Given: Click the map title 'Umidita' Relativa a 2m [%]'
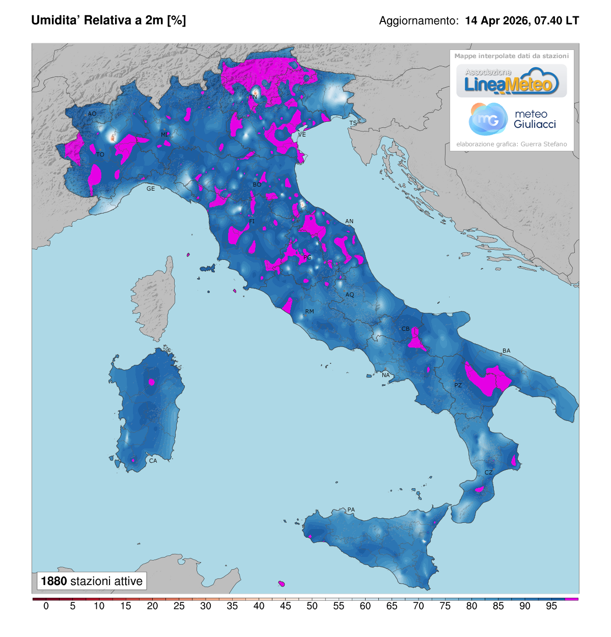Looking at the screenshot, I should (x=108, y=20).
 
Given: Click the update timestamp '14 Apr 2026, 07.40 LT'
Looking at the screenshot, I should (x=522, y=21).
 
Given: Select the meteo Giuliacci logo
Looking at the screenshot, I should (x=512, y=119).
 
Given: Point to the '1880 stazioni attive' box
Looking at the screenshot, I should (x=92, y=581).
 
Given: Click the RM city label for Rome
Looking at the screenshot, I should (x=310, y=311).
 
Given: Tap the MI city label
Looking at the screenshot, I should (x=164, y=135).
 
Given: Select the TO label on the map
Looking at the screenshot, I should (x=100, y=154).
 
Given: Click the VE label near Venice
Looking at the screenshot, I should (x=302, y=135).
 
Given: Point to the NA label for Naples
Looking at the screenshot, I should (x=386, y=375).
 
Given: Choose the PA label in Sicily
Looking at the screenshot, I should (x=351, y=510).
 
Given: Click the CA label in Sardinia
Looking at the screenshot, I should (x=153, y=461).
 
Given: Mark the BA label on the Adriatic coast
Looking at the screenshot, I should (x=506, y=351).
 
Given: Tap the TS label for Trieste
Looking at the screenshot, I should (x=353, y=123).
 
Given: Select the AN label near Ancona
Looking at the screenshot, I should (x=349, y=221).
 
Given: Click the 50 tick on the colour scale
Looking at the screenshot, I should (x=312, y=606).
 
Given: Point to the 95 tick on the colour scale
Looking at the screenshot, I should (x=551, y=606).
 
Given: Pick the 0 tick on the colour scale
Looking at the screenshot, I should (x=46, y=606).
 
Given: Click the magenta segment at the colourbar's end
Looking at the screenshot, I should (x=572, y=599).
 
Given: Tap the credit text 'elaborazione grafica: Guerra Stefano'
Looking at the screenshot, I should (x=512, y=144).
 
